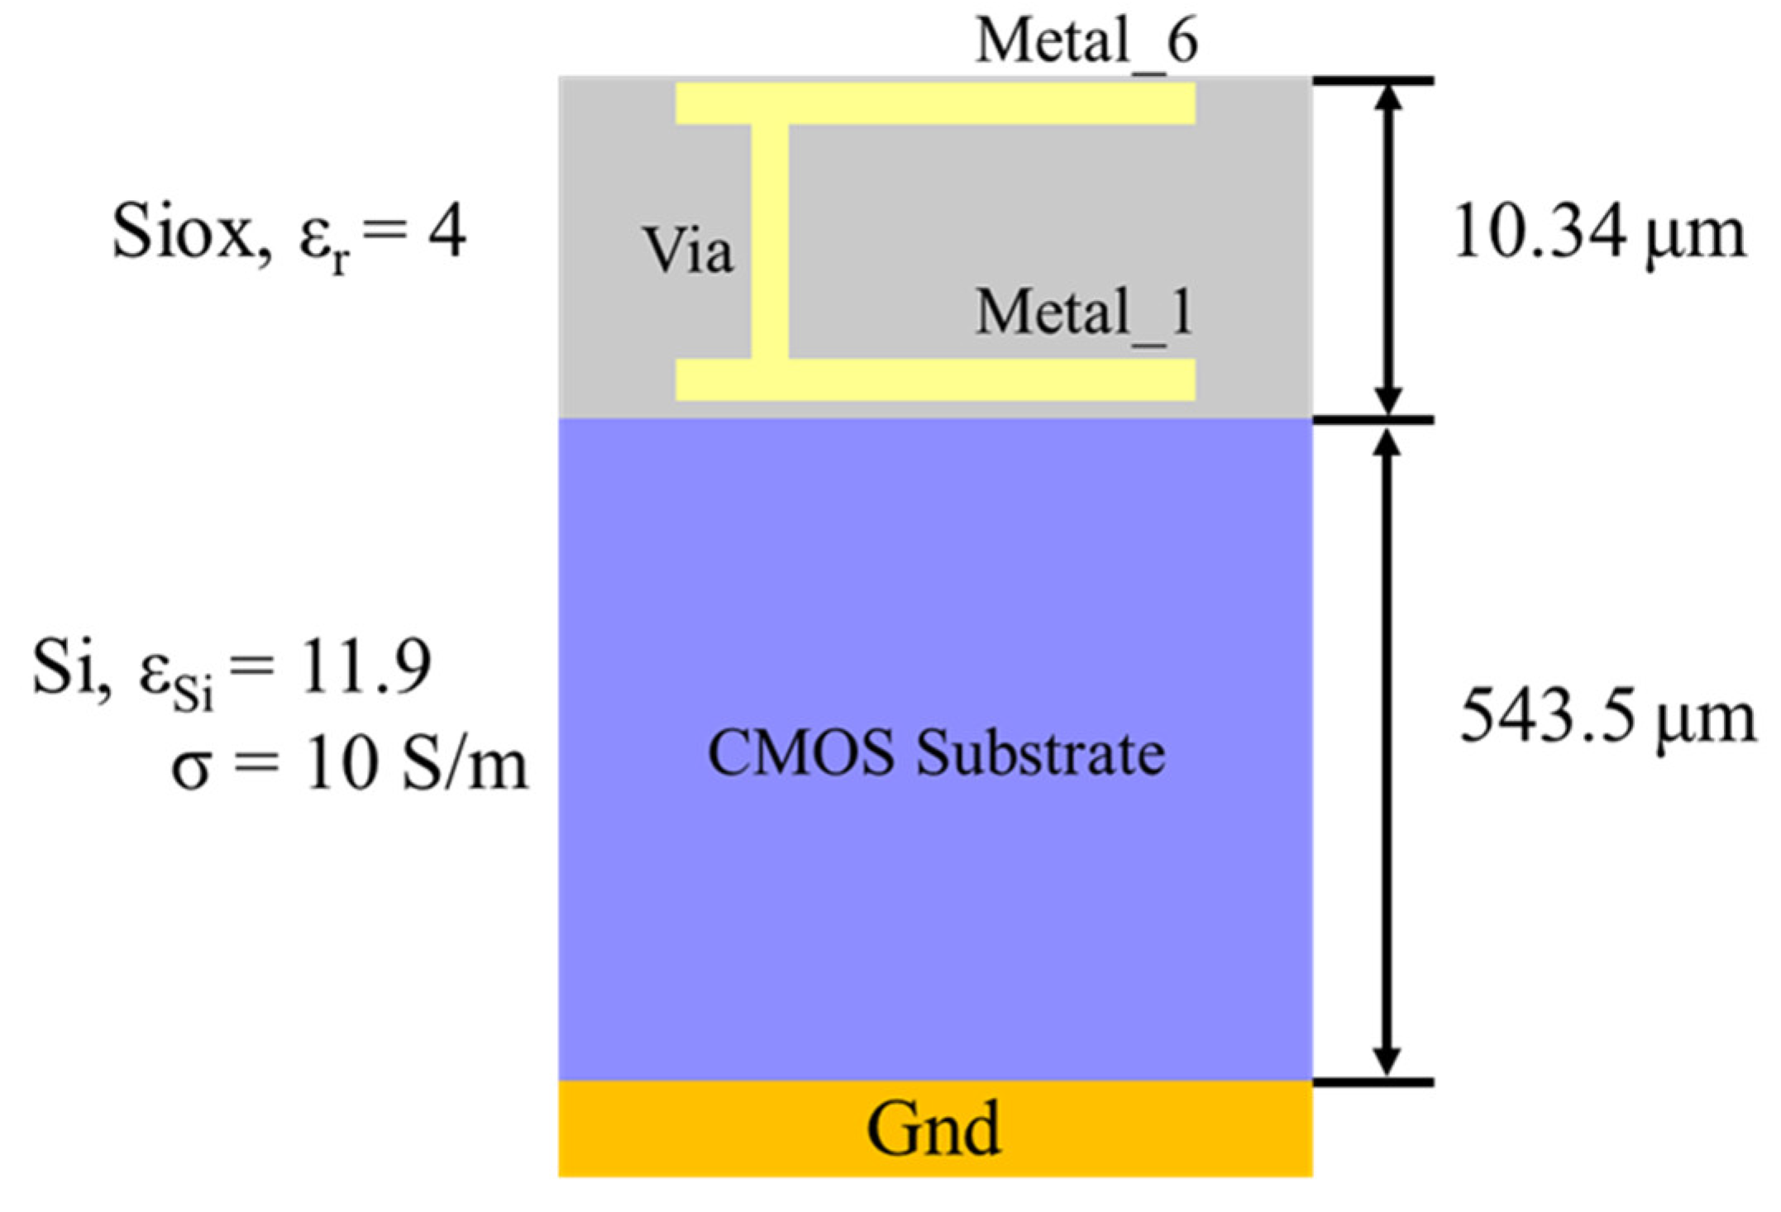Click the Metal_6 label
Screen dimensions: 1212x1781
click(1086, 41)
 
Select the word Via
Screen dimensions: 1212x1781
click(688, 251)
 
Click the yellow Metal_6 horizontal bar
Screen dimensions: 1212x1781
click(934, 104)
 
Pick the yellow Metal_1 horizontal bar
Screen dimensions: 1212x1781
click(934, 379)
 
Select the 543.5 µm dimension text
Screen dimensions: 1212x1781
click(1607, 718)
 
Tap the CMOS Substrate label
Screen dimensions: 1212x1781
click(936, 754)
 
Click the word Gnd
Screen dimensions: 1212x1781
click(933, 1128)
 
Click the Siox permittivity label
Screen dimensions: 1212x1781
click(289, 234)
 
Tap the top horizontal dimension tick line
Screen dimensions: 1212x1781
click(1373, 80)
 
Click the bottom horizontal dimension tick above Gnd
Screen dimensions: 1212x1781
click(1373, 1081)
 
